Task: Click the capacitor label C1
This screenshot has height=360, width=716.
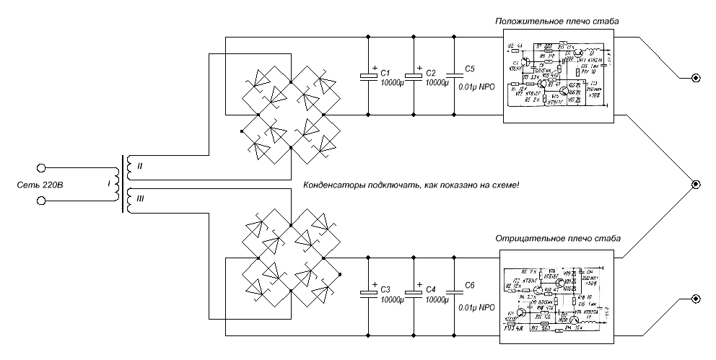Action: coord(385,74)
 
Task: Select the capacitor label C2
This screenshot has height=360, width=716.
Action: coord(432,74)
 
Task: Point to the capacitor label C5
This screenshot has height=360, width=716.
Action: coord(470,69)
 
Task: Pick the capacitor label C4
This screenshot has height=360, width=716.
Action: coord(432,289)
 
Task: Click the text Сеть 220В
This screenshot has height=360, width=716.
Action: coord(40,185)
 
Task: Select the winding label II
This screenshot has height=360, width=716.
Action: coord(140,167)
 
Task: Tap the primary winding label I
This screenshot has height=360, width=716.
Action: coord(108,185)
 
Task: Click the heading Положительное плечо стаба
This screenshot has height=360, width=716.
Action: coord(556,22)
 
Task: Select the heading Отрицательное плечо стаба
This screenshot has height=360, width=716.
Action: coord(557,238)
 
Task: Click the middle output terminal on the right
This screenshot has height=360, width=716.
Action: coord(696,185)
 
